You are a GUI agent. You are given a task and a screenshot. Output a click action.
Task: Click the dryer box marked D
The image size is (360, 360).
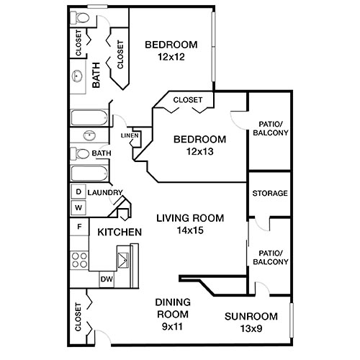[x=78, y=192]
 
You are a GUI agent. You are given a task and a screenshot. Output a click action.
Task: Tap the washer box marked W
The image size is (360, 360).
[x=78, y=207]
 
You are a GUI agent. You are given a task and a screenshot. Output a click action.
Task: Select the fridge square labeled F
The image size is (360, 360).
[x=78, y=227]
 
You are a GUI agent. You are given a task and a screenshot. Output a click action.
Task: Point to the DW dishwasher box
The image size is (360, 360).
[x=106, y=279]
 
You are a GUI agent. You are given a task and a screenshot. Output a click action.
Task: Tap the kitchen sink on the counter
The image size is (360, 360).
[x=125, y=257]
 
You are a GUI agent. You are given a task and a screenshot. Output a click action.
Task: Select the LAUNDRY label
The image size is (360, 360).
[x=105, y=192]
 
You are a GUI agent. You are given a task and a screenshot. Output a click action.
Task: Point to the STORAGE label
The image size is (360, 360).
[x=270, y=193]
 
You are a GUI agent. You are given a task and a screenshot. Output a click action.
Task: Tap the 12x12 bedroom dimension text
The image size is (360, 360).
[x=171, y=58]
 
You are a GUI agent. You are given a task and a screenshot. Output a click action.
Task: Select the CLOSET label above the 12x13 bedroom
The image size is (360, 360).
[x=188, y=100]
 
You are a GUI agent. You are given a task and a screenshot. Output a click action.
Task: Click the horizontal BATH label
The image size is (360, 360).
[x=102, y=153]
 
